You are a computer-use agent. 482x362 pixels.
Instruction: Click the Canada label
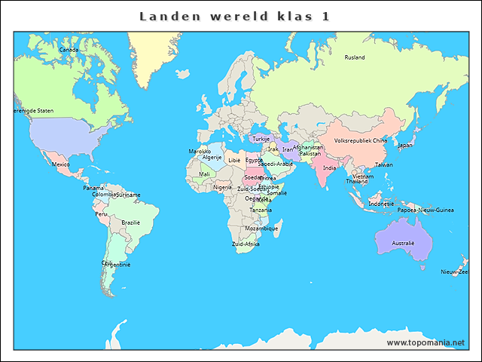(x=69, y=50)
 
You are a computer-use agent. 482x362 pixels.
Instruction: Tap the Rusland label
(x=355, y=57)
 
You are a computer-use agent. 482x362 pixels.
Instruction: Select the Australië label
(x=403, y=243)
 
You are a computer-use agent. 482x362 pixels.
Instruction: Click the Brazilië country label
(x=131, y=222)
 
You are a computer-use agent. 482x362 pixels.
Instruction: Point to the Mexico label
(x=60, y=164)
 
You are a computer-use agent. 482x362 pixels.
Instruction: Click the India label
(x=330, y=168)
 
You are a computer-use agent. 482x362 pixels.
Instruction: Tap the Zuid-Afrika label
(x=246, y=244)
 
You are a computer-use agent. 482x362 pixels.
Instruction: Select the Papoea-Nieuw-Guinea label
(x=426, y=210)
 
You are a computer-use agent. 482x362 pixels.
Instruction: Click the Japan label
(x=405, y=146)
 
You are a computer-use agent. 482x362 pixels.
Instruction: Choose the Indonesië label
(x=381, y=204)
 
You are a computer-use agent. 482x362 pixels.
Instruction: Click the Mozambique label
(x=261, y=229)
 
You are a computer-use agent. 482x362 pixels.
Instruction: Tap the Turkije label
(x=261, y=139)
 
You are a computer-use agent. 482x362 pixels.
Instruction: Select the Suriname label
(x=128, y=195)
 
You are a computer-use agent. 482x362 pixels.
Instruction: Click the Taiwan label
(x=383, y=164)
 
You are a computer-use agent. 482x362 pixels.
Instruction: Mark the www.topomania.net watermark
(x=426, y=342)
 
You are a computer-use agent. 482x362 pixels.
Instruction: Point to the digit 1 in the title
(x=325, y=16)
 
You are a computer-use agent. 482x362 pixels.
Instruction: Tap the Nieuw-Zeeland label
(x=455, y=271)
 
